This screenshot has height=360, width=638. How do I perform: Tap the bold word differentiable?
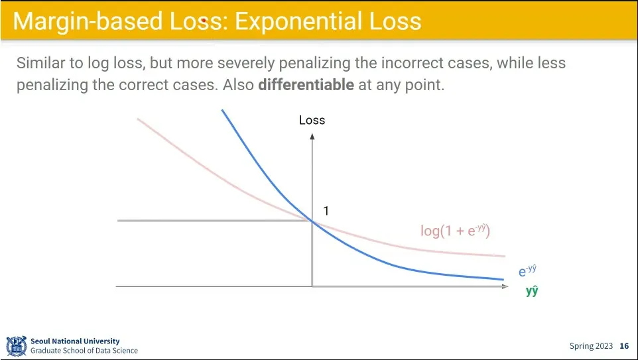pyautogui.click(x=306, y=85)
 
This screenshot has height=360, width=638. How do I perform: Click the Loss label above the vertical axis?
pyautogui.click(x=312, y=120)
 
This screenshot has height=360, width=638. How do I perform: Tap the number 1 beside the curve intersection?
pyautogui.click(x=326, y=211)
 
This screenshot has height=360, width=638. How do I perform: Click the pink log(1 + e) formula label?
pyautogui.click(x=456, y=231)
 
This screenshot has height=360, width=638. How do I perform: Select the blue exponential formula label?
pyautogui.click(x=527, y=270)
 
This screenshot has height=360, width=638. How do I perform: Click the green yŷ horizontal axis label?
pyautogui.click(x=532, y=291)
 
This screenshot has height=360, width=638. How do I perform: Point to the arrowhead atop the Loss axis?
pyautogui.click(x=312, y=137)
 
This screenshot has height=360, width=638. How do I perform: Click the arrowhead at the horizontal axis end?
pyautogui.click(x=505, y=286)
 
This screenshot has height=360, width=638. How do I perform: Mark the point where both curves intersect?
pyautogui.click(x=312, y=221)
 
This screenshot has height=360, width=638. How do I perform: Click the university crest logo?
pyautogui.click(x=17, y=346)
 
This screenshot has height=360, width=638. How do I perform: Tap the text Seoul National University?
pyautogui.click(x=75, y=341)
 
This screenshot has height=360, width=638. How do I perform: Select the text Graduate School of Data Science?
pyautogui.click(x=84, y=350)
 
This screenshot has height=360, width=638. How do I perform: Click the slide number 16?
pyautogui.click(x=624, y=346)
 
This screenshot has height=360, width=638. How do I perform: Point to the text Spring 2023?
pyautogui.click(x=591, y=346)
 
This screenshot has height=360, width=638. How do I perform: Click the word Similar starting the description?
pyautogui.click(x=40, y=63)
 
